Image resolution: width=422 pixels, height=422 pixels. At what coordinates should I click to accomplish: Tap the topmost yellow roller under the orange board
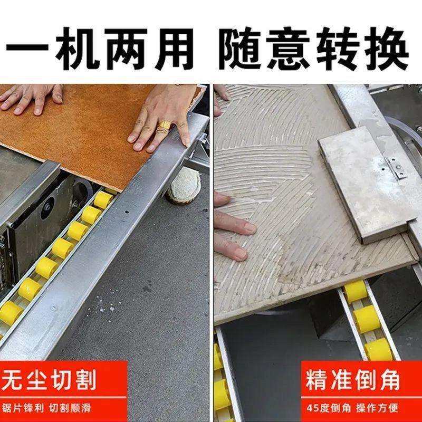[103, 199]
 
